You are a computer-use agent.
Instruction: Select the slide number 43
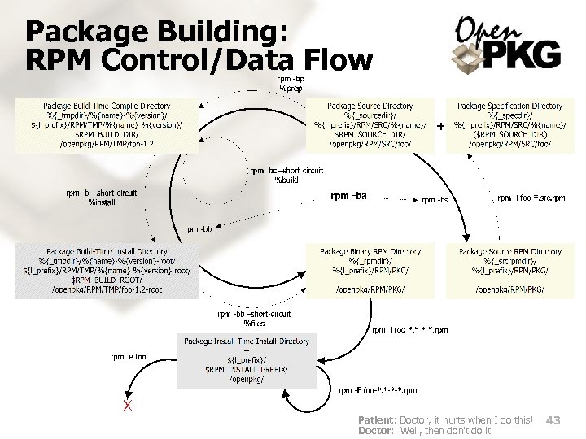[553, 419]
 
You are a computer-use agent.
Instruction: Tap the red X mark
[127, 405]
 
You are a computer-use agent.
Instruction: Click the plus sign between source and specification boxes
[441, 127]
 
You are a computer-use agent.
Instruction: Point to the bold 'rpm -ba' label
[348, 196]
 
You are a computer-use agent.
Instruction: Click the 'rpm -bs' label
[435, 200]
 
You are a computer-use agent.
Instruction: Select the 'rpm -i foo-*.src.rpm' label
[531, 198]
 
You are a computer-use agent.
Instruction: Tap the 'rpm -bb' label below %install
[199, 229]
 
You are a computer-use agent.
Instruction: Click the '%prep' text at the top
[291, 87]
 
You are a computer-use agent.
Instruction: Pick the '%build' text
[287, 180]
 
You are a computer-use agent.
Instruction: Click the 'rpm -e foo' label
[129, 356]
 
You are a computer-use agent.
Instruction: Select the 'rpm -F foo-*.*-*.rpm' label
[378, 390]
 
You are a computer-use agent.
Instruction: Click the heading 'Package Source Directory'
[370, 106]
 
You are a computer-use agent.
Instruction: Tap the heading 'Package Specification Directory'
[509, 106]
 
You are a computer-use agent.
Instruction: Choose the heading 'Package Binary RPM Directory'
[370, 252]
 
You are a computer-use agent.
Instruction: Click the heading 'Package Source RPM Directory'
[510, 252]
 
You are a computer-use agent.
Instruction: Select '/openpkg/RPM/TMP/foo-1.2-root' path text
[107, 289]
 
